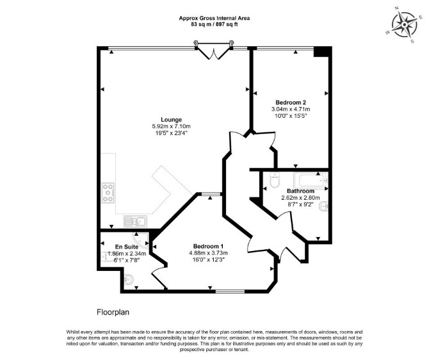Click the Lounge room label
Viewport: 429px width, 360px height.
tap(171, 120)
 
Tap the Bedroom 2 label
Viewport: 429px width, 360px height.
tap(291, 102)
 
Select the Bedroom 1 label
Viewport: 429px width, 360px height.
tap(208, 246)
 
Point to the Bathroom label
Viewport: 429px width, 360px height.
tap(300, 191)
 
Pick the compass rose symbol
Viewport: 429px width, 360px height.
tap(405, 25)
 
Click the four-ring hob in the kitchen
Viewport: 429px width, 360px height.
tap(108, 193)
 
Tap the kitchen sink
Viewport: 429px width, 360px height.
tap(135, 221)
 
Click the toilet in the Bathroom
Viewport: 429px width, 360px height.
tap(274, 181)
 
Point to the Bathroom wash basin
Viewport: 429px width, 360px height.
tap(323, 206)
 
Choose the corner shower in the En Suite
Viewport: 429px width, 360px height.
tap(141, 240)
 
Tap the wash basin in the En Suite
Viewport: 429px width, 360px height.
tap(129, 279)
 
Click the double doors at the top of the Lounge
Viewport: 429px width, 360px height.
tap(213, 51)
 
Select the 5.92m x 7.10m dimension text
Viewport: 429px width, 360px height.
tap(171, 126)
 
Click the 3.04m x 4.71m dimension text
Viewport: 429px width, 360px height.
tap(291, 109)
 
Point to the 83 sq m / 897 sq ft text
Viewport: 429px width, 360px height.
tap(214, 24)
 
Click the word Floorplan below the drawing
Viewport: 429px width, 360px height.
tap(113, 312)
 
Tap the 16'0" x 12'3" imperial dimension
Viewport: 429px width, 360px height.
tap(208, 259)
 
